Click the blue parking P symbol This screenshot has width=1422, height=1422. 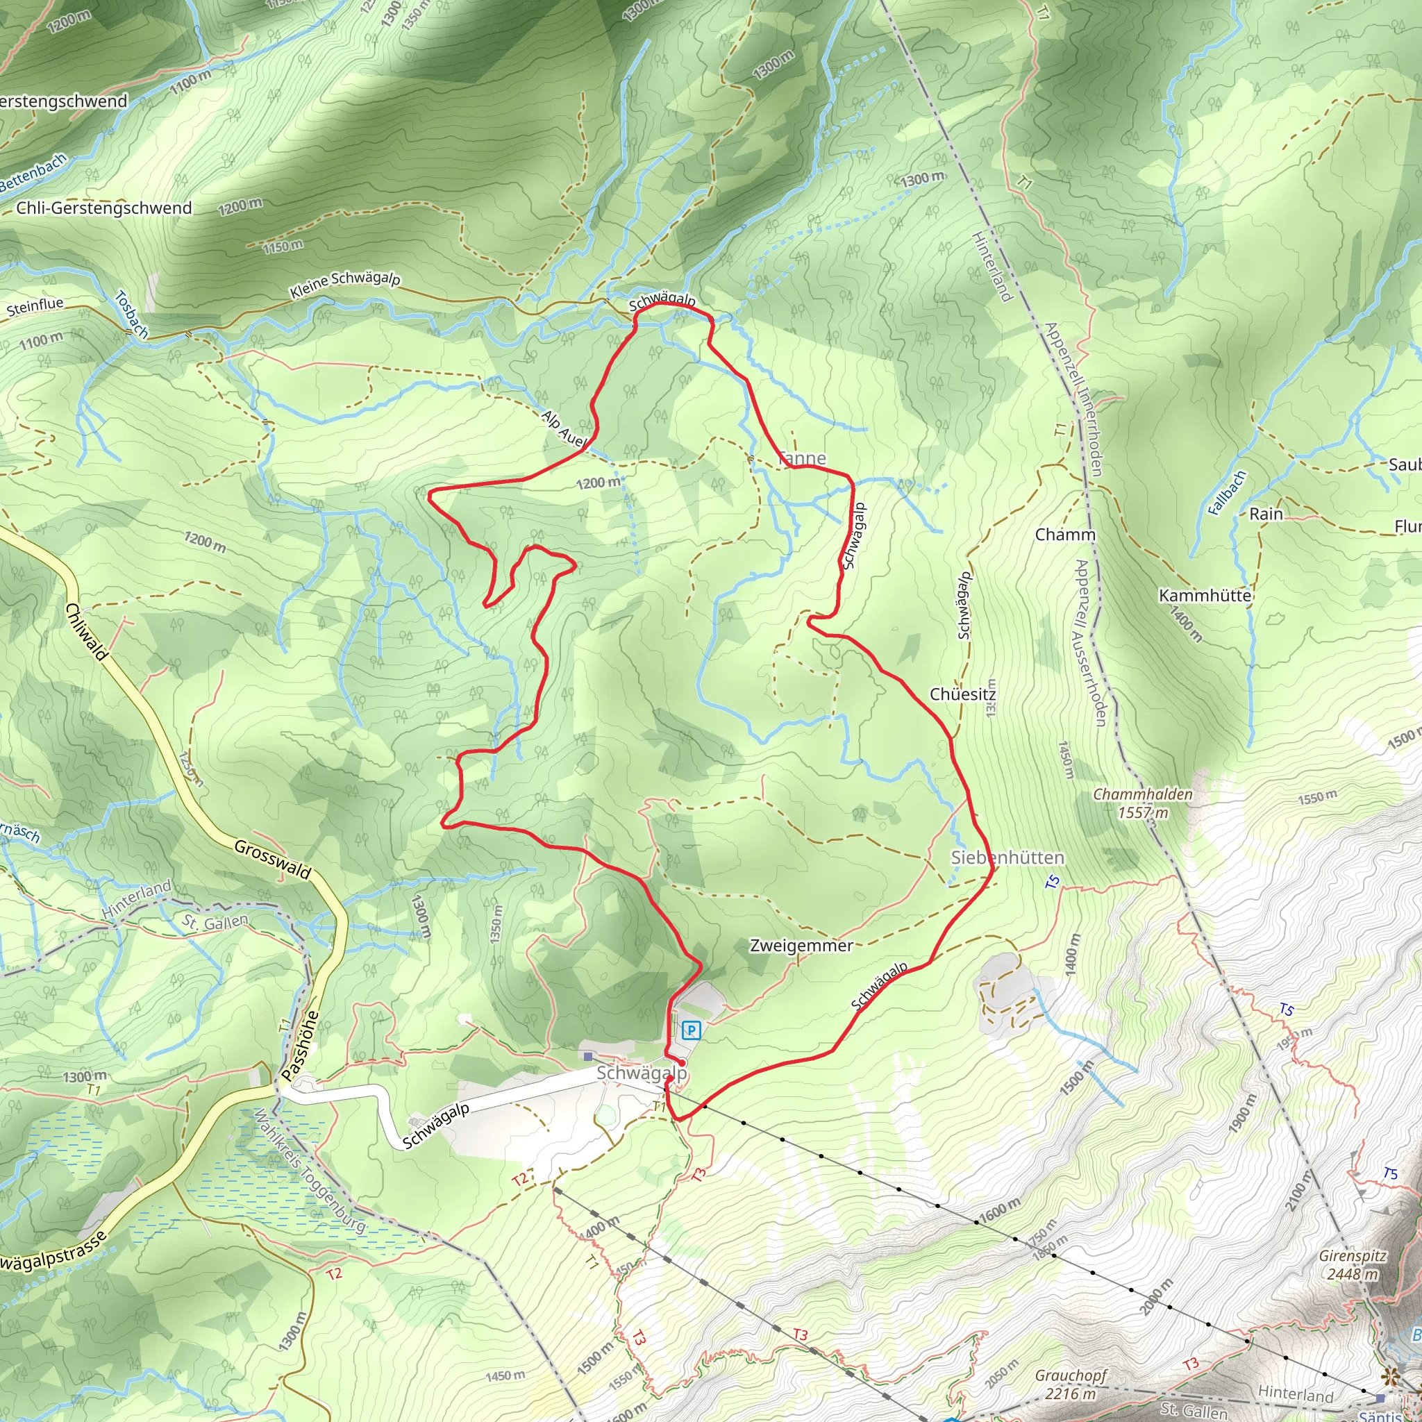pyautogui.click(x=690, y=1030)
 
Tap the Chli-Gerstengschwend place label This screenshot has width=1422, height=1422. pyautogui.click(x=103, y=208)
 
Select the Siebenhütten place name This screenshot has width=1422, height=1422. pyautogui.click(x=1007, y=858)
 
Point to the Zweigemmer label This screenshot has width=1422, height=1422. pyautogui.click(x=801, y=946)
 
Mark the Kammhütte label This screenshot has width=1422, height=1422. pyautogui.click(x=1205, y=596)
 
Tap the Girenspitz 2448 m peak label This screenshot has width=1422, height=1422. pyautogui.click(x=1353, y=1264)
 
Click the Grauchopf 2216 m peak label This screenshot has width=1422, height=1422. pyautogui.click(x=1071, y=1384)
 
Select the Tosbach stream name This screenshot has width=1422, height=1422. pyautogui.click(x=132, y=315)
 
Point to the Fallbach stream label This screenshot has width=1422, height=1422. pyautogui.click(x=1227, y=493)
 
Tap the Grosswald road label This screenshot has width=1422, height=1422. pyautogui.click(x=272, y=859)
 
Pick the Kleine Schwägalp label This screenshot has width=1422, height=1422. pyautogui.click(x=345, y=285)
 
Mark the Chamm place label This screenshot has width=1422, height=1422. pyautogui.click(x=1065, y=535)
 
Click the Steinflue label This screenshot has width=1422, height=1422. pyautogui.click(x=35, y=306)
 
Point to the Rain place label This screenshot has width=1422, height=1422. pyautogui.click(x=1266, y=514)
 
